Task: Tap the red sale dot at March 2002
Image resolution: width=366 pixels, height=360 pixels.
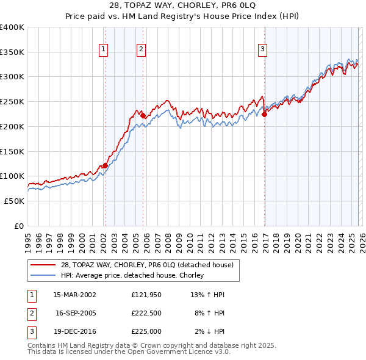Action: (x=105, y=165)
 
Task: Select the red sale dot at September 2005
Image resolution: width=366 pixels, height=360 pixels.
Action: (x=143, y=115)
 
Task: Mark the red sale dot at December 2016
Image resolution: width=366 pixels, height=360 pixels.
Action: (x=264, y=114)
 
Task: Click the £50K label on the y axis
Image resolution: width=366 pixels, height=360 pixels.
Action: (x=14, y=201)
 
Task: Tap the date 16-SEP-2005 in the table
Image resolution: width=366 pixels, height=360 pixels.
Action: (x=75, y=313)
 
